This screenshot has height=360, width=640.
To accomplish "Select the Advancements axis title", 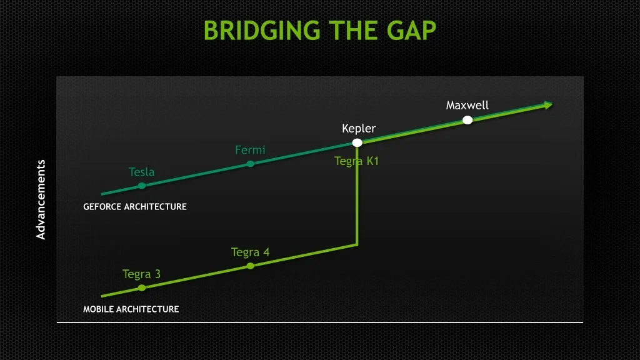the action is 41,199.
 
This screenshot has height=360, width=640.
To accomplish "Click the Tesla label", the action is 142,172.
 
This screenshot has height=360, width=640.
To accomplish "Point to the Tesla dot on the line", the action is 142,186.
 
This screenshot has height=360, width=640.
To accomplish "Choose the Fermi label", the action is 250,150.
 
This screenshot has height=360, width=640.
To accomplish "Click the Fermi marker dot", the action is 250,164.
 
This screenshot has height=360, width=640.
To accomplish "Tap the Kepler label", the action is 359,129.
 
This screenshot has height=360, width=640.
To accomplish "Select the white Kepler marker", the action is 357,142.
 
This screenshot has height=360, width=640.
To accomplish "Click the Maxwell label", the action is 467,105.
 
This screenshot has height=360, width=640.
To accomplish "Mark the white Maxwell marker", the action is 467,120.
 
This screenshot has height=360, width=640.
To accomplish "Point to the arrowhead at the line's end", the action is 548,105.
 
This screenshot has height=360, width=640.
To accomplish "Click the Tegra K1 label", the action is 356,161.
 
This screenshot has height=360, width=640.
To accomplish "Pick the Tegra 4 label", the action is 250,252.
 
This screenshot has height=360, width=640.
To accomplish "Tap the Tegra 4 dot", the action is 250,266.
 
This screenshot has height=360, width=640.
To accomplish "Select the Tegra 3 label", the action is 142,274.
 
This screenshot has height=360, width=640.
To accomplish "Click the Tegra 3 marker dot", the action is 142,287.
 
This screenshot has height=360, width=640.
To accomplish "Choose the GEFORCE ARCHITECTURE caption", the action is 135,207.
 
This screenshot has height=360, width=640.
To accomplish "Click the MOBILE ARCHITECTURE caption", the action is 131,309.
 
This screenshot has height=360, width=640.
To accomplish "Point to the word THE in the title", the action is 352,31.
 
